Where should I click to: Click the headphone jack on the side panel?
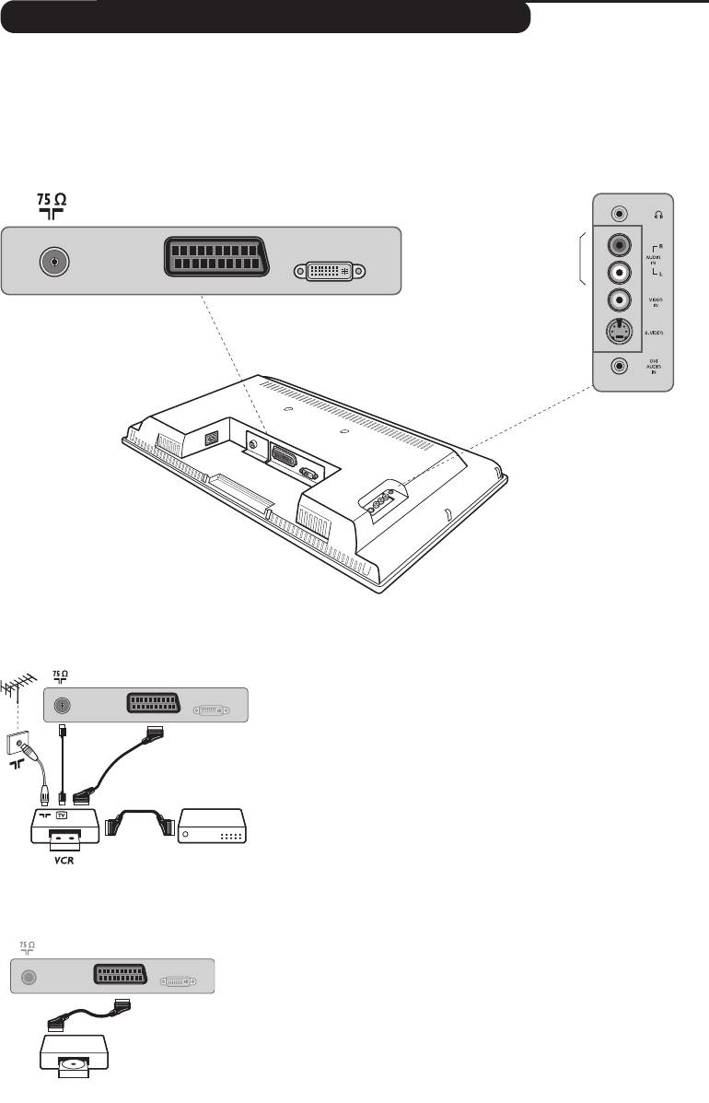pyautogui.click(x=620, y=213)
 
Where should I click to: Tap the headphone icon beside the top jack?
pyautogui.click(x=657, y=214)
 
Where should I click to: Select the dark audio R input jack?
pyautogui.click(x=620, y=245)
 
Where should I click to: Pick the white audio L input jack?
pyautogui.click(x=620, y=273)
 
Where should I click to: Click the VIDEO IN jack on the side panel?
pyautogui.click(x=620, y=300)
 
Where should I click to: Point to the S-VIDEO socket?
pyautogui.click(x=620, y=333)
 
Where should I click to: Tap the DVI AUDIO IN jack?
pyautogui.click(x=620, y=366)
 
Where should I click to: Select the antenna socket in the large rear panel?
pyautogui.click(x=55, y=261)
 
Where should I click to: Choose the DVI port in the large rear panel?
pyautogui.click(x=329, y=272)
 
